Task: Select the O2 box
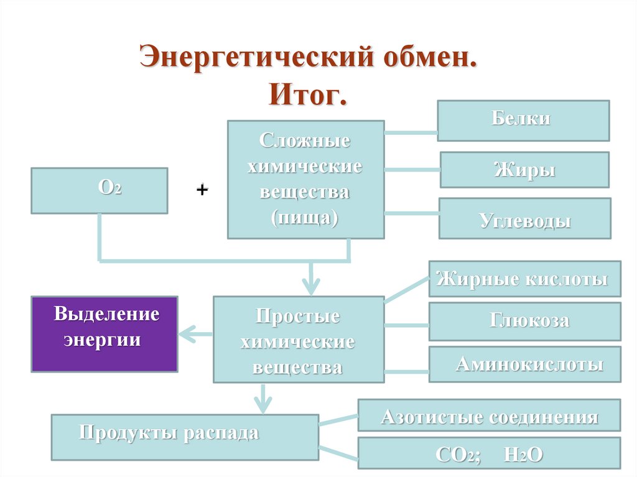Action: click(x=99, y=190)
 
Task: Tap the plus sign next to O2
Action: click(x=202, y=189)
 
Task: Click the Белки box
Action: click(x=523, y=121)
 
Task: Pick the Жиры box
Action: click(x=524, y=169)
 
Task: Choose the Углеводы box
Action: click(x=524, y=218)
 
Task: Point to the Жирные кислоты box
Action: click(x=524, y=279)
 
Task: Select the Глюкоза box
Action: click(x=524, y=322)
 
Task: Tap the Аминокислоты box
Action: click(x=524, y=364)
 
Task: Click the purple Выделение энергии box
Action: click(x=105, y=334)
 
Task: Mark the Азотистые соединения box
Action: click(x=489, y=415)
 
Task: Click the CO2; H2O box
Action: click(x=489, y=453)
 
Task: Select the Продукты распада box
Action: click(x=185, y=437)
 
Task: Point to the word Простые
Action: click(x=299, y=316)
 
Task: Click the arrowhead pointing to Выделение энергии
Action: click(x=185, y=335)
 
